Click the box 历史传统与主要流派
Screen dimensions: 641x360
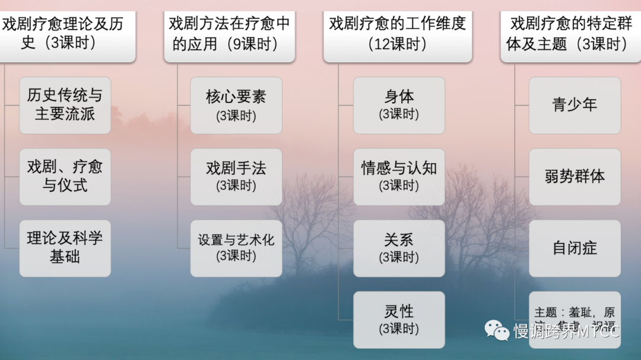(x=65, y=105)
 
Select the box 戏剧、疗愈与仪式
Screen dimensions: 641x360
(x=65, y=176)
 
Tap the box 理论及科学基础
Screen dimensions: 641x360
(x=65, y=248)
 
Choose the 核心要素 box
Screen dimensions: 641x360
(x=236, y=105)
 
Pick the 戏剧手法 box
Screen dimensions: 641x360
(x=236, y=176)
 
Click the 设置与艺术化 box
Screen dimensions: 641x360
(x=236, y=248)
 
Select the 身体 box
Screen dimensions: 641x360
(x=399, y=105)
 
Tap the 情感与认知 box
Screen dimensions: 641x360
(x=399, y=176)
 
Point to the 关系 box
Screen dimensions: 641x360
(x=399, y=248)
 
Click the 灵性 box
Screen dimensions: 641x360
(x=399, y=319)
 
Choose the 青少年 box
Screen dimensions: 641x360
(x=575, y=105)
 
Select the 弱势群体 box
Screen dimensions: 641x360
(x=575, y=176)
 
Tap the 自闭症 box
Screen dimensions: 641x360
(x=575, y=248)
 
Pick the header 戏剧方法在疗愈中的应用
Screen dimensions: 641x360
(x=229, y=34)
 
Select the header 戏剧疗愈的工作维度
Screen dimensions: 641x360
(x=398, y=34)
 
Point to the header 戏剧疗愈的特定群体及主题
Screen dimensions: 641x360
(x=570, y=34)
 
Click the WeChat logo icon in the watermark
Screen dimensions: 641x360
(x=497, y=330)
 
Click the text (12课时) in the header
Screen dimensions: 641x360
(x=398, y=44)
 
